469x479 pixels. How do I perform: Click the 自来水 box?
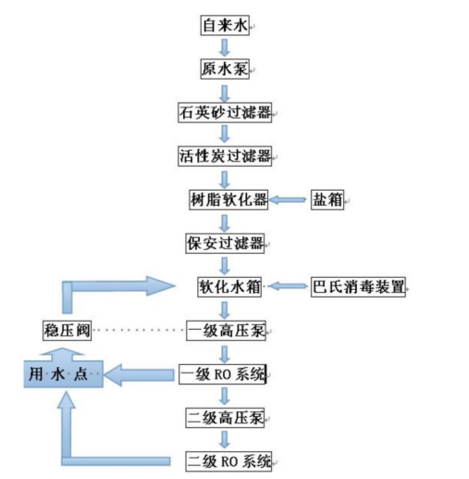225,25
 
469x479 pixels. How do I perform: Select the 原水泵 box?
225,69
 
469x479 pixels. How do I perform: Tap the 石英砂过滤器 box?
225,112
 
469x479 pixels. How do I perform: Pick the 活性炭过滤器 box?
225,157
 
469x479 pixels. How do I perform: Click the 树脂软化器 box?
228,200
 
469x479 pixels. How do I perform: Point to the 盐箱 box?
327,200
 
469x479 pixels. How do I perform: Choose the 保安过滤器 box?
225,244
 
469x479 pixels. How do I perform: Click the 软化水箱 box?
229,287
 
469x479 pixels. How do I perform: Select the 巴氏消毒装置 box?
358,287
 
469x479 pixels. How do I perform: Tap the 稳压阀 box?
67,331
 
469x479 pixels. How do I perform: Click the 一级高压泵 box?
226,331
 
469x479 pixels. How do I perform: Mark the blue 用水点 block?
63,374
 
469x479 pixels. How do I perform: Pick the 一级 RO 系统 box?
223,374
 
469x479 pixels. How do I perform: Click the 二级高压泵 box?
225,418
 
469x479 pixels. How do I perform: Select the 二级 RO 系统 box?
228,461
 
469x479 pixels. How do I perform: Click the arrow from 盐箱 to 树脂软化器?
288,200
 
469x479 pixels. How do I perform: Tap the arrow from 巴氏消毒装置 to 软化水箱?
288,286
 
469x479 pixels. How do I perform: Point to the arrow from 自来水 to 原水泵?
225,47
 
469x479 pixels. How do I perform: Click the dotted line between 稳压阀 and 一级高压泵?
139,330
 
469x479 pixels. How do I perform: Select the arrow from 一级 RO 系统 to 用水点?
139,375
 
